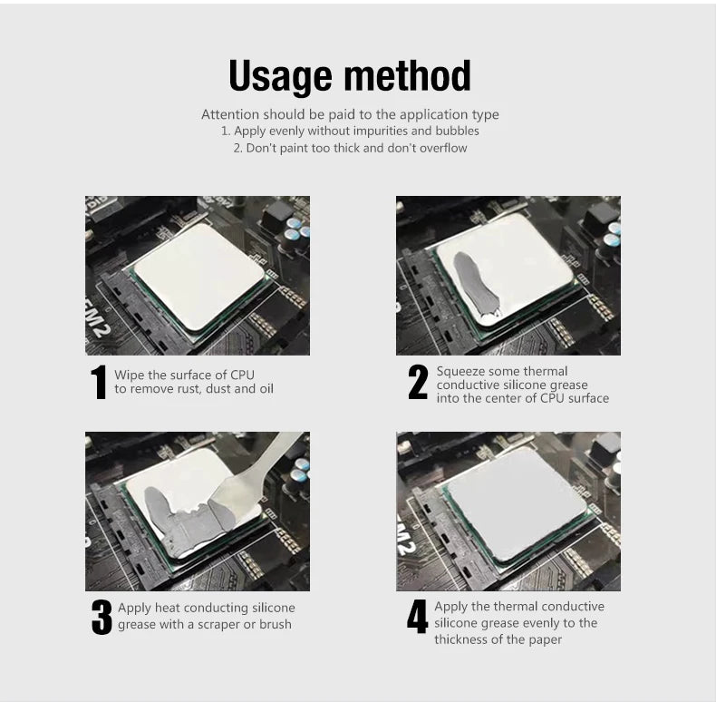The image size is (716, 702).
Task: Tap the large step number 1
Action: [x=99, y=382]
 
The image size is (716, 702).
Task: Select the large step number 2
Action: [x=418, y=382]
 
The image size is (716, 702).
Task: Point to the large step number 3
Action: [x=102, y=617]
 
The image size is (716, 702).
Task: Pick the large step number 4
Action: [x=417, y=617]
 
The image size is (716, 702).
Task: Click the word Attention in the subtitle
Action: [x=230, y=115]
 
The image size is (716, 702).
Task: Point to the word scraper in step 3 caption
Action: [x=215, y=625]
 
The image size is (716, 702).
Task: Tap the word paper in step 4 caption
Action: [x=544, y=639]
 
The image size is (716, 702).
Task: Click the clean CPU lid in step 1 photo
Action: [x=199, y=272]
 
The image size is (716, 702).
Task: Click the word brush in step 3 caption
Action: [x=275, y=625]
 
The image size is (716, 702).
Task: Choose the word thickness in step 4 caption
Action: [x=461, y=639]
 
